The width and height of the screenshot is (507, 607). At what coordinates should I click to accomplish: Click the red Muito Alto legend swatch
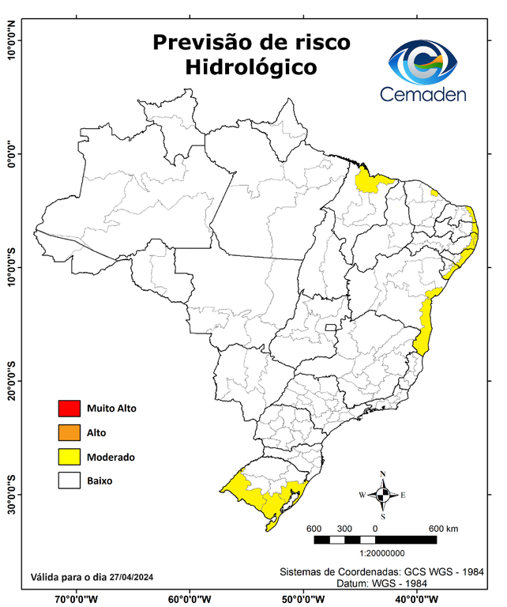point(69,409)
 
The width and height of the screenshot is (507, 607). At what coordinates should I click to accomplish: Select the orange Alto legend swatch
point(69,432)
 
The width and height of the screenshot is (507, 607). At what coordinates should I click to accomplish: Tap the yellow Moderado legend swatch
point(69,457)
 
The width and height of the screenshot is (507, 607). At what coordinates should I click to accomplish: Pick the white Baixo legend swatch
point(69,481)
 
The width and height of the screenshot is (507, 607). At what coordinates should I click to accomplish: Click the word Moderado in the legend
point(111,457)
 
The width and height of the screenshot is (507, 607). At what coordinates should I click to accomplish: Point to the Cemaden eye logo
point(426,62)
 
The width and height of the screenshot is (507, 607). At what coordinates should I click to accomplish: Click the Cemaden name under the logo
point(422,94)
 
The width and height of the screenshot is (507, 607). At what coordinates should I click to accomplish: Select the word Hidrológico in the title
point(252,68)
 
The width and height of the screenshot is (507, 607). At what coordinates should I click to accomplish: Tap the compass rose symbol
point(382,495)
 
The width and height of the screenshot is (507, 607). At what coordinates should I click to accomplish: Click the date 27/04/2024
point(131,577)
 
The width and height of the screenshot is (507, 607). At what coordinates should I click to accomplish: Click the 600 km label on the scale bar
point(443,528)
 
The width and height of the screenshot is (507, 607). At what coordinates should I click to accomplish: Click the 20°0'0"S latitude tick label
point(11,382)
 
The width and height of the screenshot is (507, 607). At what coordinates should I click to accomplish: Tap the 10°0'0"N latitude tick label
point(11,40)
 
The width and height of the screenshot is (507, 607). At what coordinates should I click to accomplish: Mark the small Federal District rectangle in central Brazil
point(330,326)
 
